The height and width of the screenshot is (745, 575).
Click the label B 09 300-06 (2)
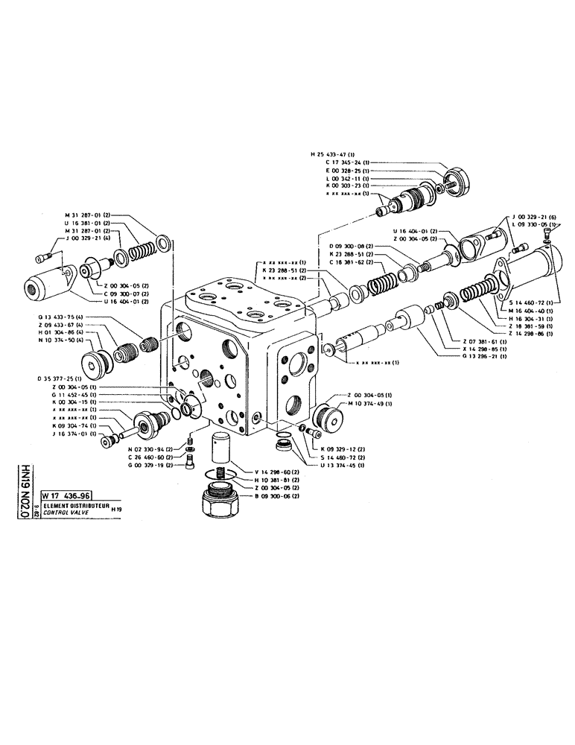[x=277, y=495]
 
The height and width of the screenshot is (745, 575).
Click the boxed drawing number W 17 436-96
[x=68, y=495]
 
